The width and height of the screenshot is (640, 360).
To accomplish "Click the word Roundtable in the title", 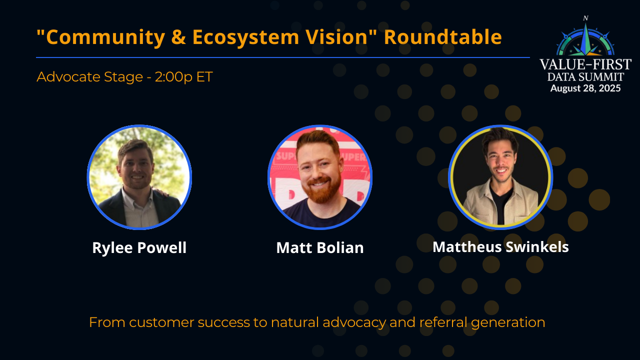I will click(442, 37).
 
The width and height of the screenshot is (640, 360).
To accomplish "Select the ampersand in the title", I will click(178, 37).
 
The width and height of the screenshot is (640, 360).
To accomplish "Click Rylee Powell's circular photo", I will click(139, 177).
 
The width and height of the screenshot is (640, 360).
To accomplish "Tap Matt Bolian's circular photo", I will click(320, 177).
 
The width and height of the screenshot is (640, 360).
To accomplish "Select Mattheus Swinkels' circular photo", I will click(500, 177).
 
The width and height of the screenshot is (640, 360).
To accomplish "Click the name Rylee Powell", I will click(139, 248).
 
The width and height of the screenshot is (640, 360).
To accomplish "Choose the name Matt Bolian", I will click(320, 248).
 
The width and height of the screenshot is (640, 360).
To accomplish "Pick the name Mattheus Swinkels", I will click(500, 247).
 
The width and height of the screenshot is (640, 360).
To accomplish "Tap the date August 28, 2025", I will click(585, 88).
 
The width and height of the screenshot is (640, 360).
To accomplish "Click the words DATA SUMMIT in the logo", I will click(585, 77).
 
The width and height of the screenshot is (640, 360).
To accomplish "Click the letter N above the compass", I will click(585, 18).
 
